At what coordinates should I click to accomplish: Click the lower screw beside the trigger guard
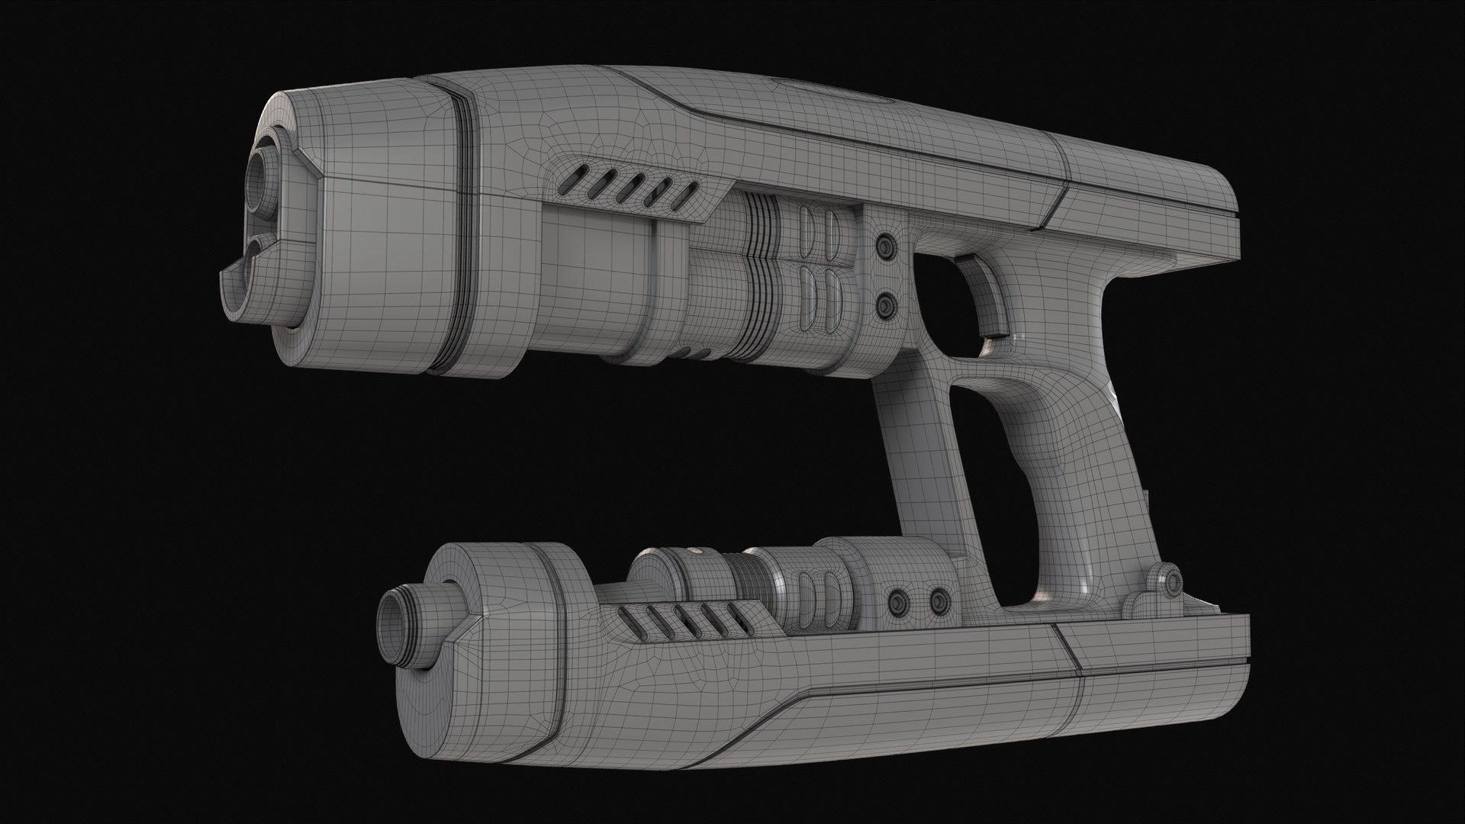coord(885,306)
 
